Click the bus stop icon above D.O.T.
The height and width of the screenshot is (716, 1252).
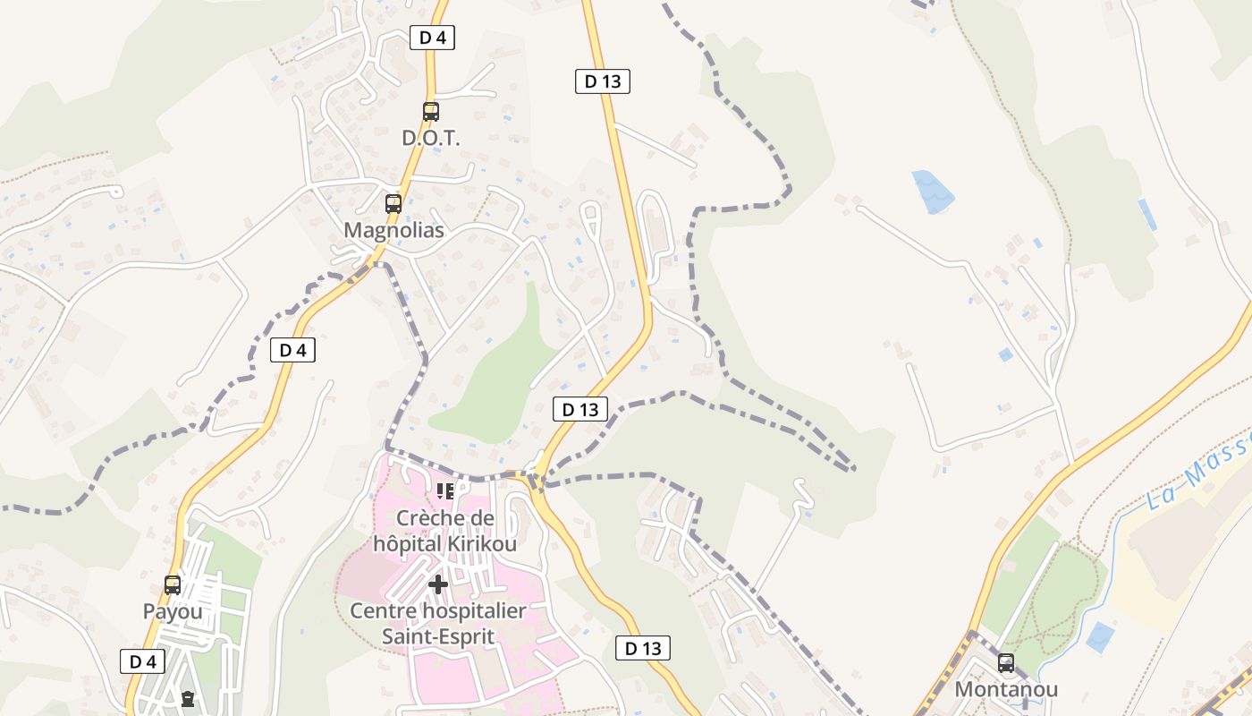(x=431, y=112)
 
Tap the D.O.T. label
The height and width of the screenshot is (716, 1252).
(x=430, y=139)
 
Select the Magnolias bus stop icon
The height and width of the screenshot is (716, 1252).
(x=393, y=203)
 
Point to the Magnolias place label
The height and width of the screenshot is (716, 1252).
(x=393, y=230)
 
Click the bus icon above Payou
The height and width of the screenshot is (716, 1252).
(x=173, y=585)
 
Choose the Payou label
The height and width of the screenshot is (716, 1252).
(x=173, y=612)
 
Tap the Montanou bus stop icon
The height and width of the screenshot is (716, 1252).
(x=1006, y=663)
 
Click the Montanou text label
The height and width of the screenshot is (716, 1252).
(x=1006, y=689)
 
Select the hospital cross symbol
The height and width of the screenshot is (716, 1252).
(x=438, y=585)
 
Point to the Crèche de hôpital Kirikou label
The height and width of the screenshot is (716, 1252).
(x=444, y=531)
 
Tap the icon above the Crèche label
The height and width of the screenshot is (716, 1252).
(x=444, y=490)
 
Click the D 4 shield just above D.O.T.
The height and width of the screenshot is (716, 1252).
(x=433, y=38)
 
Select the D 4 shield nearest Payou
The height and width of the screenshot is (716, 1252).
(x=143, y=661)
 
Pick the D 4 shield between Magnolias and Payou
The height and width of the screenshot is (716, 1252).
(x=293, y=350)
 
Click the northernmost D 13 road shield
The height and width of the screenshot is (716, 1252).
(x=603, y=81)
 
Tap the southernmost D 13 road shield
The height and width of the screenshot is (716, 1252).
(x=643, y=648)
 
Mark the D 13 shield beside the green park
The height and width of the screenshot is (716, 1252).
(x=580, y=410)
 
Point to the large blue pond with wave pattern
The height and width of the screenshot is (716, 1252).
(x=933, y=192)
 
